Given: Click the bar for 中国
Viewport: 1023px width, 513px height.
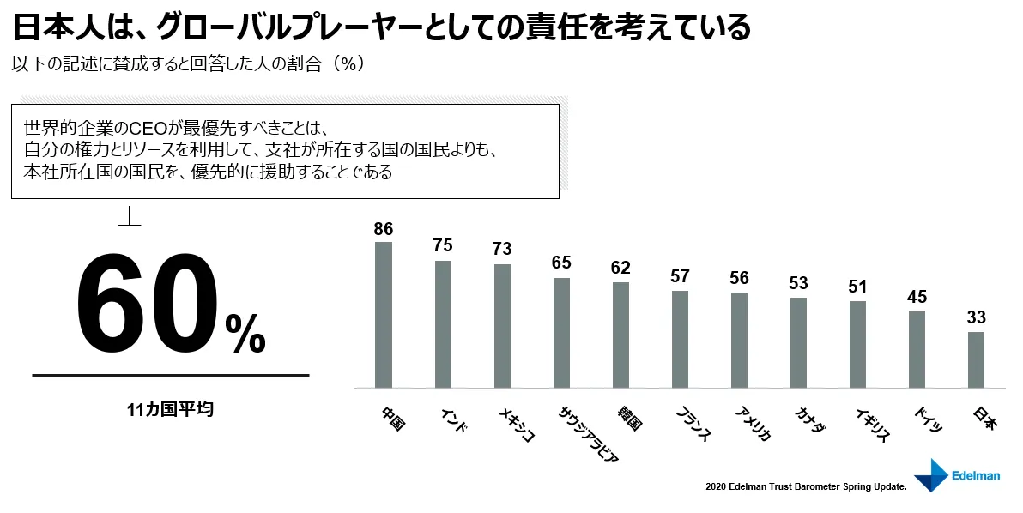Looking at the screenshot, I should (x=384, y=315).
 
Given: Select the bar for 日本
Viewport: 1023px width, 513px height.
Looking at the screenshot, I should (x=976, y=359).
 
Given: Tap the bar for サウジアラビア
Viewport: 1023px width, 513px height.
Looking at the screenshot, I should (x=561, y=333).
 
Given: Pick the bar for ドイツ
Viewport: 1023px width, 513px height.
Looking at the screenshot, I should (x=917, y=349).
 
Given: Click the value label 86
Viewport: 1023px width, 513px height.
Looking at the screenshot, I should (x=384, y=229).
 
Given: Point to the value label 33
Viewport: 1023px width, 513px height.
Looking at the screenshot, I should (x=976, y=318).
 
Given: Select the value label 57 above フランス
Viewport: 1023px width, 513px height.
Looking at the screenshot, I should (x=680, y=277).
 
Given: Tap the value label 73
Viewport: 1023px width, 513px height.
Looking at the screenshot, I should (x=502, y=250).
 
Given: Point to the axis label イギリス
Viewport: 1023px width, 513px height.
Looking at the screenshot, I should (x=870, y=424).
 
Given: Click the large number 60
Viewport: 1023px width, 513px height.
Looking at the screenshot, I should (x=146, y=307).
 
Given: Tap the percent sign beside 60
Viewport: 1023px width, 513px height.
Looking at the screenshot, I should (x=245, y=335).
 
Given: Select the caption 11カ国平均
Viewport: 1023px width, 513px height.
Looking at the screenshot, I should (x=170, y=409).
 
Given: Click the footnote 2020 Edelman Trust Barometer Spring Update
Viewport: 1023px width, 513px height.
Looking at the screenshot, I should (x=806, y=486).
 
